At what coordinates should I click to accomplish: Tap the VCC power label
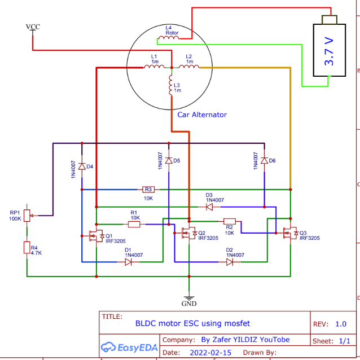[x=33, y=27]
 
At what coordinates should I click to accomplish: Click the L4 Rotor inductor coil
[x=169, y=38]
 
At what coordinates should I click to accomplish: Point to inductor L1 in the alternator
[x=154, y=67]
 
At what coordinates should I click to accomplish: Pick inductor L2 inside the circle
[x=189, y=67]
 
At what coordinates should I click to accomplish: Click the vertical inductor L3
[x=171, y=85]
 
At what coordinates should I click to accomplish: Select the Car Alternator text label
[x=202, y=115]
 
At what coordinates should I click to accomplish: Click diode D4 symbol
[x=82, y=166]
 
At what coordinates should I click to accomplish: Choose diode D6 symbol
[x=264, y=161]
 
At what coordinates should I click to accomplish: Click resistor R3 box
[x=148, y=190]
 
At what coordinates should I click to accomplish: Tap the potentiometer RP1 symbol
[x=27, y=216]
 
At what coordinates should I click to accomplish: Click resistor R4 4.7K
[x=27, y=248]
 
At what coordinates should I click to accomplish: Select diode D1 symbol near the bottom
[x=128, y=262]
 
